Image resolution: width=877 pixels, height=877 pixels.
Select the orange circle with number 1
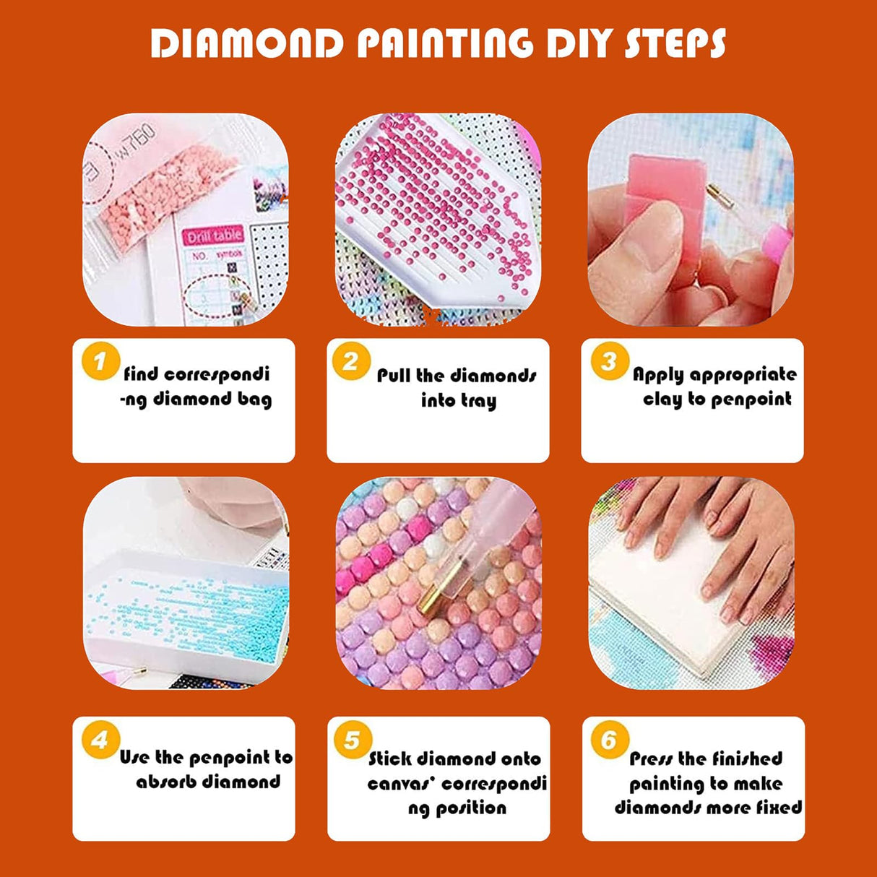point(100,361)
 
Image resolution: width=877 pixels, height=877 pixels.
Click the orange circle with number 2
point(351,361)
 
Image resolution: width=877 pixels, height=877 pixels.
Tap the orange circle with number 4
point(100,740)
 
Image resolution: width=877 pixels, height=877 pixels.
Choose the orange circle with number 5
point(352,740)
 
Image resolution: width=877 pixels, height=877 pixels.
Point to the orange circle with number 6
point(609,740)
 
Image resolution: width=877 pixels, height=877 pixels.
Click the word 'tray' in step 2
point(479,401)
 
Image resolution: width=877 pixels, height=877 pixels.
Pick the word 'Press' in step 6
point(651,759)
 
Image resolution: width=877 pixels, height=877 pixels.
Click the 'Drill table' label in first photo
point(215,236)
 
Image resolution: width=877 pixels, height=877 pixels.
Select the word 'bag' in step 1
point(254,399)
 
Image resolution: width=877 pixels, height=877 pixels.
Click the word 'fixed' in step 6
point(779,807)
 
